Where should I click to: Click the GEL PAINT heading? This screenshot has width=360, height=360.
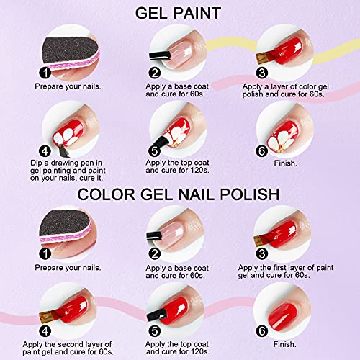pos(180,12)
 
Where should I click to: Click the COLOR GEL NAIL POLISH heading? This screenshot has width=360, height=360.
pos(180,194)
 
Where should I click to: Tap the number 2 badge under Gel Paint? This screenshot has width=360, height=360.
pos(154,72)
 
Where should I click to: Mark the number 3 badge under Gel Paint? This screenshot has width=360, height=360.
pos(263,73)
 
